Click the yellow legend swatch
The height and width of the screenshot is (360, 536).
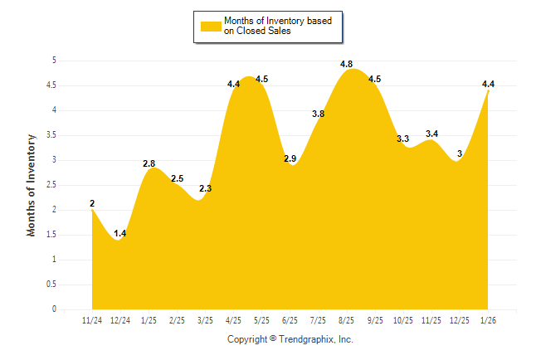210,26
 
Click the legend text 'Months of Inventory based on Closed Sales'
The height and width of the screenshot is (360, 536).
271,26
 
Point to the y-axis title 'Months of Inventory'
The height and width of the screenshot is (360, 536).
32,185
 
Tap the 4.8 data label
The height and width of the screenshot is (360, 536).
347,64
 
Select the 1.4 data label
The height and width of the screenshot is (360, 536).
120,234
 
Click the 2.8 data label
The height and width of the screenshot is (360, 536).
149,164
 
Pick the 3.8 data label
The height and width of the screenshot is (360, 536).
318,114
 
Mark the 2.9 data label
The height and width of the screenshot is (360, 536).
290,158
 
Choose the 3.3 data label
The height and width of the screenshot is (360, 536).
403,139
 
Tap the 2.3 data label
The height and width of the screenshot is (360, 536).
206,188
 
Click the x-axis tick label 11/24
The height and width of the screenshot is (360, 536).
92,320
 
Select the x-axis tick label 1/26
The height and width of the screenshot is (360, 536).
489,320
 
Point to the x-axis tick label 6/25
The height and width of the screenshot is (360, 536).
290,320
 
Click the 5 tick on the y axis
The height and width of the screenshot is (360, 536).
53,61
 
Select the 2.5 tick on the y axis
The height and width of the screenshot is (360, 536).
51,185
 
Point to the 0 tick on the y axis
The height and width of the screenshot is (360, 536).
53,309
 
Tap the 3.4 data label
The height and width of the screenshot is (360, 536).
431,134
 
